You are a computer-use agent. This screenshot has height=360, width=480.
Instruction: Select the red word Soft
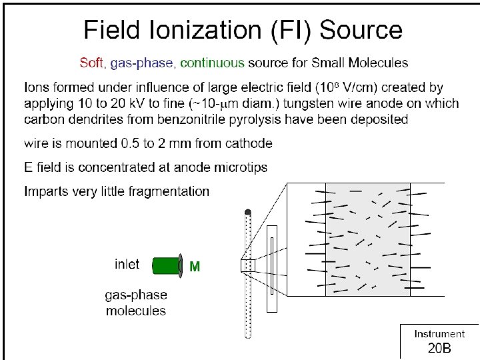coord(91,63)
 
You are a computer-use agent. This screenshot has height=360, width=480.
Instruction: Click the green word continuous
coord(212,63)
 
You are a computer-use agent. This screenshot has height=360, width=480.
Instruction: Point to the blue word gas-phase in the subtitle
coord(142,63)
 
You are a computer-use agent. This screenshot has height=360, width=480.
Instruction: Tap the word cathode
coord(248,143)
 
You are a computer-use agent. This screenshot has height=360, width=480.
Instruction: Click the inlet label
coord(127,264)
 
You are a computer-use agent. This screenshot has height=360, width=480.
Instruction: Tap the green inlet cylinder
coord(167,266)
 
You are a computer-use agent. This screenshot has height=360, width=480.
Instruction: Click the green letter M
coord(195,267)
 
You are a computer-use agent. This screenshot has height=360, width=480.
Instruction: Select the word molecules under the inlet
coord(136,311)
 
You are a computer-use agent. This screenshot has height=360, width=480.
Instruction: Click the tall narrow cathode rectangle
coord(271,268)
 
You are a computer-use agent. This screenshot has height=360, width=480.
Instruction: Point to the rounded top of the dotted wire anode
coord(248,213)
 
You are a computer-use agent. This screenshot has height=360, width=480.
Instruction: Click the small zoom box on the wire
coord(247,265)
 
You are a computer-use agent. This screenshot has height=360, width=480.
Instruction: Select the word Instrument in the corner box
coord(439,334)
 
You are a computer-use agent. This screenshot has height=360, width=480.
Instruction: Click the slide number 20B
coord(439,348)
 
